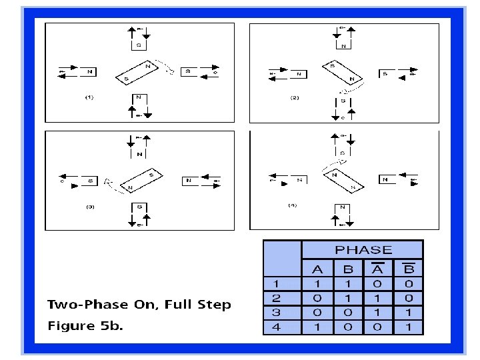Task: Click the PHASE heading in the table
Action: point(363,250)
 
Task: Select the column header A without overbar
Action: point(317,270)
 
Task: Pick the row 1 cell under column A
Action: point(317,285)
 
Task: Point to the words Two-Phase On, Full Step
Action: point(139,305)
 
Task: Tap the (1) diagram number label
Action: point(89,97)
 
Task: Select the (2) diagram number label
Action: point(295,97)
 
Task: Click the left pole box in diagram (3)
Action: point(90,180)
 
